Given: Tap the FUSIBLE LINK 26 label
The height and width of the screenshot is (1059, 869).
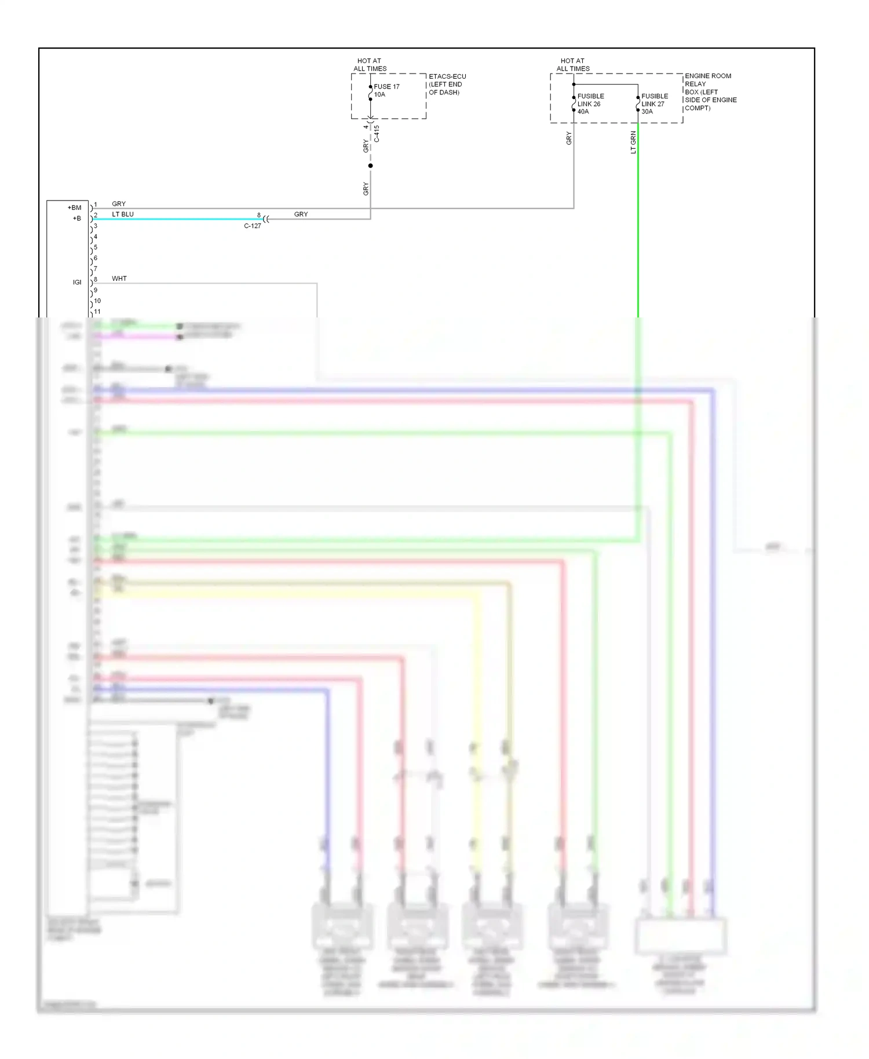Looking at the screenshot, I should pos(590,104).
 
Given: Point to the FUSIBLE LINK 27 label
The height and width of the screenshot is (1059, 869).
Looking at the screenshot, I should pos(655,104).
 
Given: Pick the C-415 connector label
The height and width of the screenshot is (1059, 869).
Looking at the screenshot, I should pos(377,134).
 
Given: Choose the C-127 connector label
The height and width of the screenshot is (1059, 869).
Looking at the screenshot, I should pos(253,226).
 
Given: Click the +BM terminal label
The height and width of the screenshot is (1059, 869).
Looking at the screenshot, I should pos(75,207).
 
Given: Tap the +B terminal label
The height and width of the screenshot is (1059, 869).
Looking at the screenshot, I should pos(77,218).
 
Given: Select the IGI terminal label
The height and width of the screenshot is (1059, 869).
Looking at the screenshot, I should pos(77,282).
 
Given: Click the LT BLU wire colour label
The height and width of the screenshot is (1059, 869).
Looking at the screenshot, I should pos(123,214).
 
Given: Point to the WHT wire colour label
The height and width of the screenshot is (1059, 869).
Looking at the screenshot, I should pos(119,279).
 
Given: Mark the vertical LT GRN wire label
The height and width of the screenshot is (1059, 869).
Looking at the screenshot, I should pos(633,142).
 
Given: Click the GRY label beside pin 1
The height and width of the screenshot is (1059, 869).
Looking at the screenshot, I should pos(119,204).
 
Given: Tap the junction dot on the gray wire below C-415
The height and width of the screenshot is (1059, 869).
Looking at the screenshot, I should pos(371,166).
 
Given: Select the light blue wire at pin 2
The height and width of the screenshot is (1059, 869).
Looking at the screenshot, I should pos(174,219).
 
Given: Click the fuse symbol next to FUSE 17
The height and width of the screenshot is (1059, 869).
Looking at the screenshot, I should pos(371,93).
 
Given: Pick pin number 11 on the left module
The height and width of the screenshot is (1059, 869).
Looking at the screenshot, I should pos(97,312).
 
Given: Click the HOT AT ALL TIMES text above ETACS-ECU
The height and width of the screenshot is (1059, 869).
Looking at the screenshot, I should pos(370,64).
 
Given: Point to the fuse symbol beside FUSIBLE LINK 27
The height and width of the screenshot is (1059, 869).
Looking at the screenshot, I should pos(638,104).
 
